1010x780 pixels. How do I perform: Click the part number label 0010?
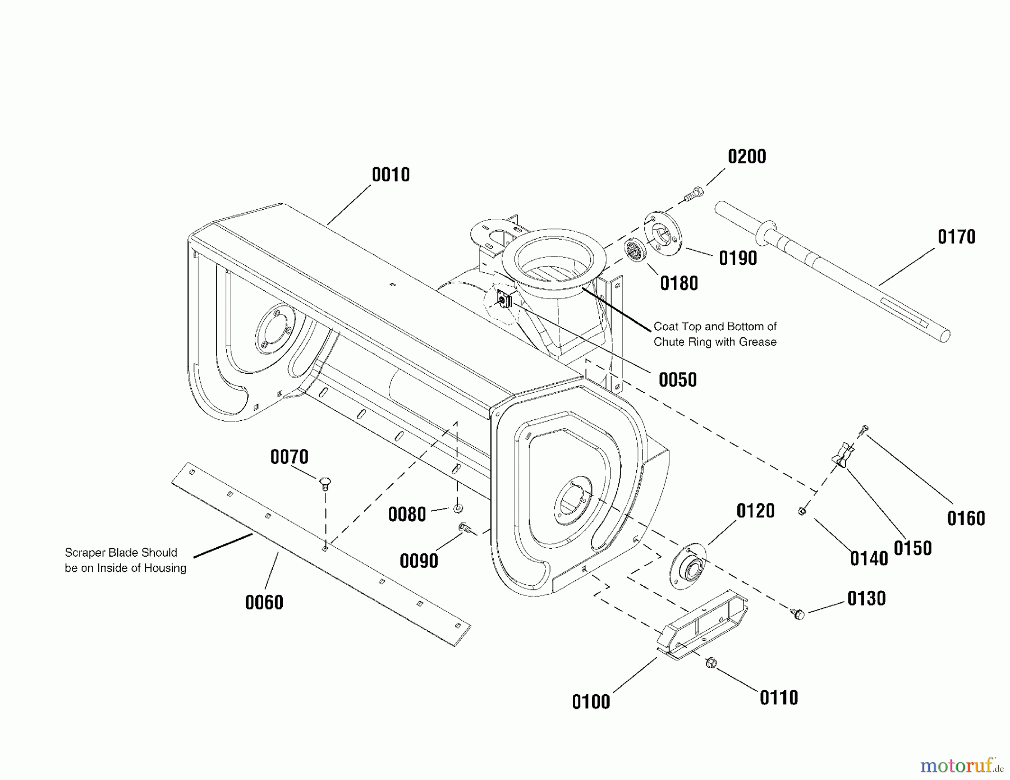point(391,175)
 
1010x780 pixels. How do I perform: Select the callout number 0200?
point(747,157)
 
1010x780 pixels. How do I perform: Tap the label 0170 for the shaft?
point(957,237)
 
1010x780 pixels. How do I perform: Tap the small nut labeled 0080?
point(458,508)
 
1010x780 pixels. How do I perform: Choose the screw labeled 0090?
point(465,527)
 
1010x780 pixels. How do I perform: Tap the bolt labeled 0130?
point(798,614)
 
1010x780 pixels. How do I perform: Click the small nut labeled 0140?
point(802,511)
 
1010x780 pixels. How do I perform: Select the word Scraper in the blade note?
point(85,553)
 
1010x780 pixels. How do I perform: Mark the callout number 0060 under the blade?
point(264,603)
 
